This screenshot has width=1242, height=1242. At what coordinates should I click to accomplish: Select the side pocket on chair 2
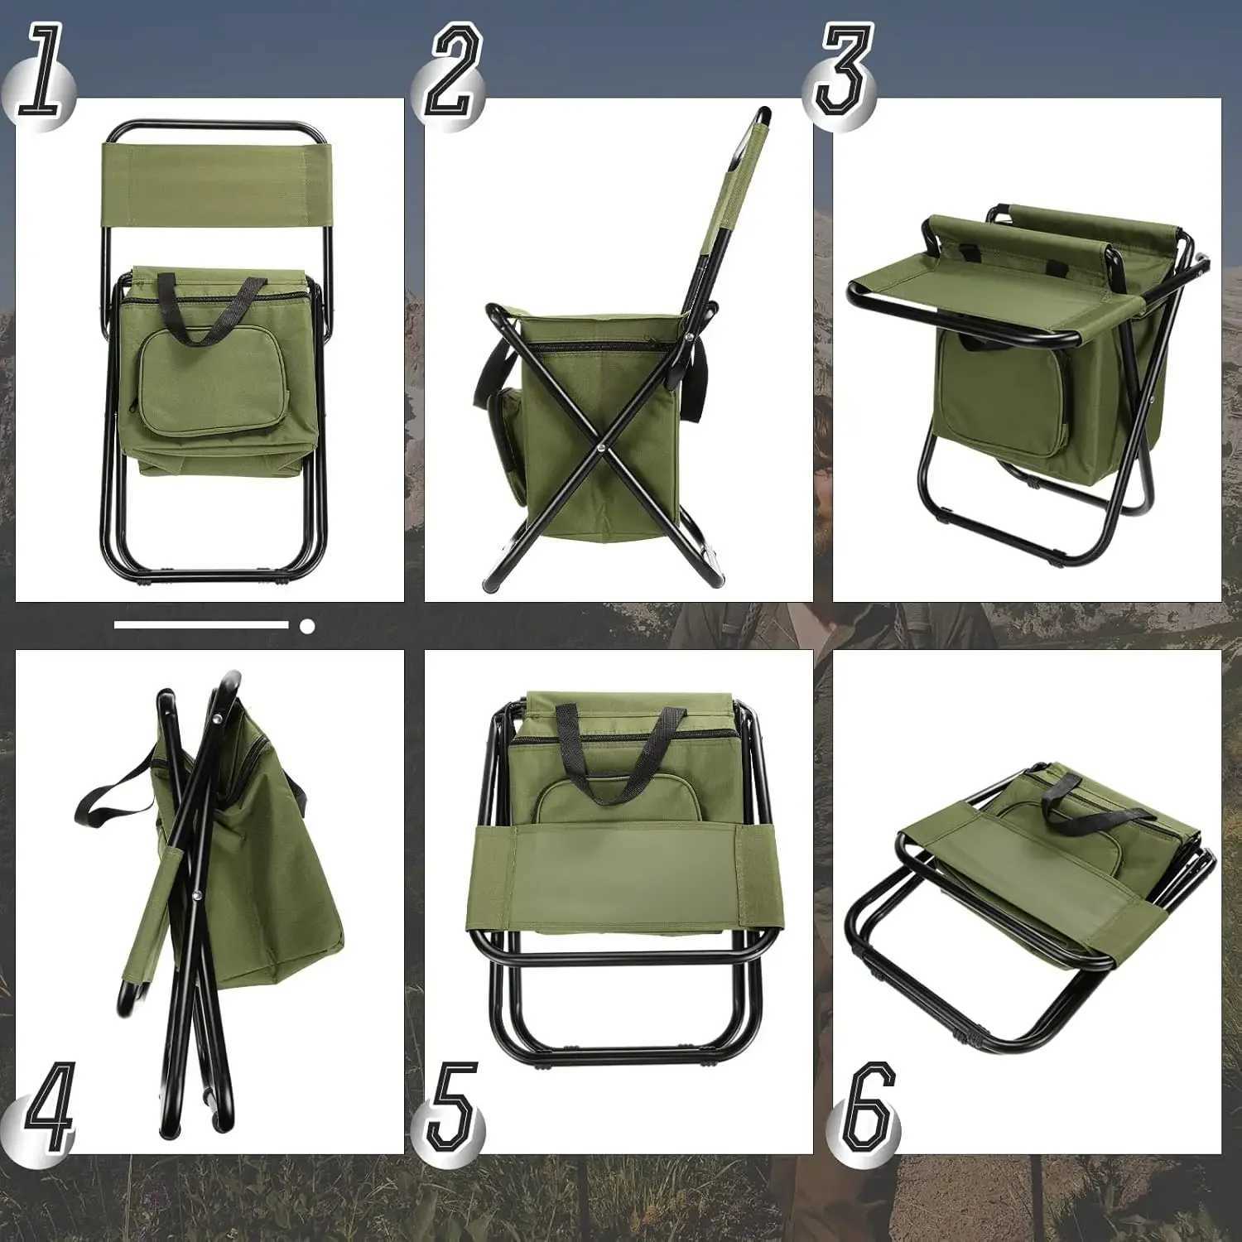click(507, 447)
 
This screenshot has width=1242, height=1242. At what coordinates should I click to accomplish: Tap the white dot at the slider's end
click(307, 627)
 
